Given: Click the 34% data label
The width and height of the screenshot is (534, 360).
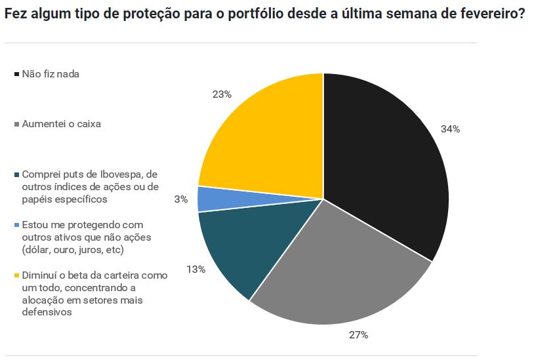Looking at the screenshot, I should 450,129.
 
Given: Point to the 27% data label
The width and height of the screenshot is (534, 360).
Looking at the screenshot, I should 358,335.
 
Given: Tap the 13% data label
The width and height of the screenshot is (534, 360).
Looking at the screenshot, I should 196,269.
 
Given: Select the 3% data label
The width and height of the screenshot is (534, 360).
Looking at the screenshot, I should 181,199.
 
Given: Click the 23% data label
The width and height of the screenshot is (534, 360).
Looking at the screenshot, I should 222,94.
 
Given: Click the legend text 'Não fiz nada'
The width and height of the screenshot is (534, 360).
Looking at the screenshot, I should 51,74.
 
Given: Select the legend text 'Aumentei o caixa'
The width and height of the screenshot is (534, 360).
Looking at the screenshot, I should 61,123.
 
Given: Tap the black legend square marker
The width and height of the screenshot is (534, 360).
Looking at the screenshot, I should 17,75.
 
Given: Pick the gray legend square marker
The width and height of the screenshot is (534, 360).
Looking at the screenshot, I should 17,124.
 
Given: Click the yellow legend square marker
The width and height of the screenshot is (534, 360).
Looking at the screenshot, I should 17,275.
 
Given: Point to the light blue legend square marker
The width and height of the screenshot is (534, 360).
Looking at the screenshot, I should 17,225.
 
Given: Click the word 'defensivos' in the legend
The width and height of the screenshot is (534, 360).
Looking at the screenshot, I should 46,312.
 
